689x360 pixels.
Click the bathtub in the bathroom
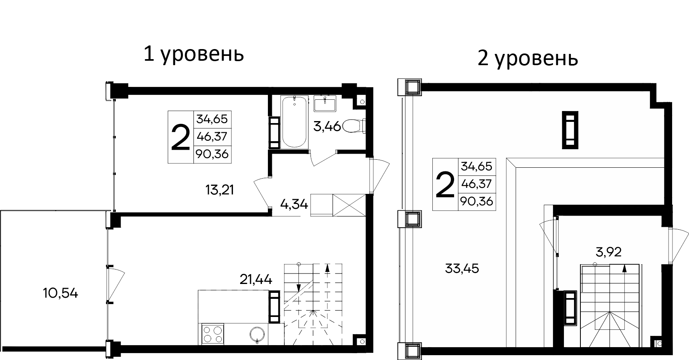[295, 122]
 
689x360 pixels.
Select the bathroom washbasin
[325, 104]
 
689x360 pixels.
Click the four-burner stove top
[212, 334]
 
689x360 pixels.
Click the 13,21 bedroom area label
[220, 189]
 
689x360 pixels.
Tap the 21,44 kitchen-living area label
[256, 278]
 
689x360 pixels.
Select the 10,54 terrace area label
[60, 293]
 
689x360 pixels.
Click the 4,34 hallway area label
[294, 205]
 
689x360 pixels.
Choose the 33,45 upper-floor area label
[462, 268]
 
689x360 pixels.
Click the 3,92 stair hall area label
[609, 252]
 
